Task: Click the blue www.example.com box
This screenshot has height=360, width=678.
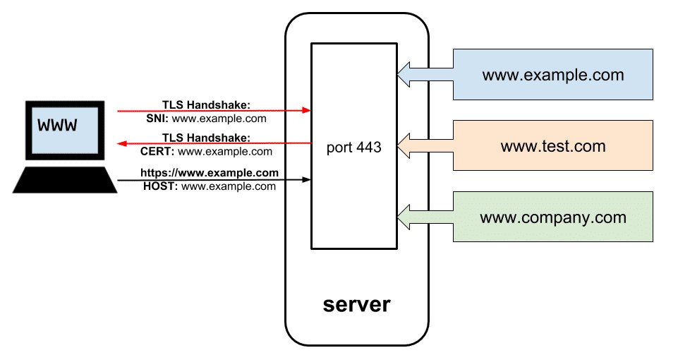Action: tap(552, 74)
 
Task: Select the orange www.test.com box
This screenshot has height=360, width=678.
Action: tap(552, 145)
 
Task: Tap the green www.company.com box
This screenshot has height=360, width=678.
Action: tap(552, 217)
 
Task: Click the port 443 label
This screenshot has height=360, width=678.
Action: tap(354, 148)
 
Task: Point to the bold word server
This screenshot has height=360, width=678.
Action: tap(356, 304)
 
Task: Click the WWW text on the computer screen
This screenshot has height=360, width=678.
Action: tap(58, 125)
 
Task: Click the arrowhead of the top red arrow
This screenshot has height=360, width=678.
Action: tap(307, 111)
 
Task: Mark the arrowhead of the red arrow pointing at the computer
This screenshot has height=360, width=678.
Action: tap(121, 143)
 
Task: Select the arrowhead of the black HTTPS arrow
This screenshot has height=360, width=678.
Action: tap(307, 180)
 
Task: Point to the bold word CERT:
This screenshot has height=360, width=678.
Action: tap(157, 151)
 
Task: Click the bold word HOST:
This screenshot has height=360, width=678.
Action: tap(159, 186)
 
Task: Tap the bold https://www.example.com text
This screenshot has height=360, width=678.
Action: tap(210, 172)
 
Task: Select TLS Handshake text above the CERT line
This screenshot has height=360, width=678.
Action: tap(205, 137)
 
